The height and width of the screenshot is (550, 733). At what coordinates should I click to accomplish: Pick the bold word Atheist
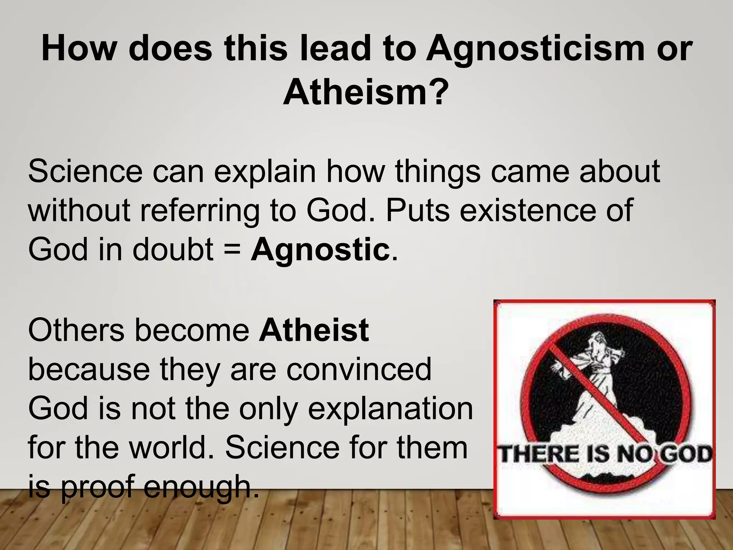point(314,330)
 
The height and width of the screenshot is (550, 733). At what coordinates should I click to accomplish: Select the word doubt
point(173,250)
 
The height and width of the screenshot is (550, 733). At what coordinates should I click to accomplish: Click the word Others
point(76,330)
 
